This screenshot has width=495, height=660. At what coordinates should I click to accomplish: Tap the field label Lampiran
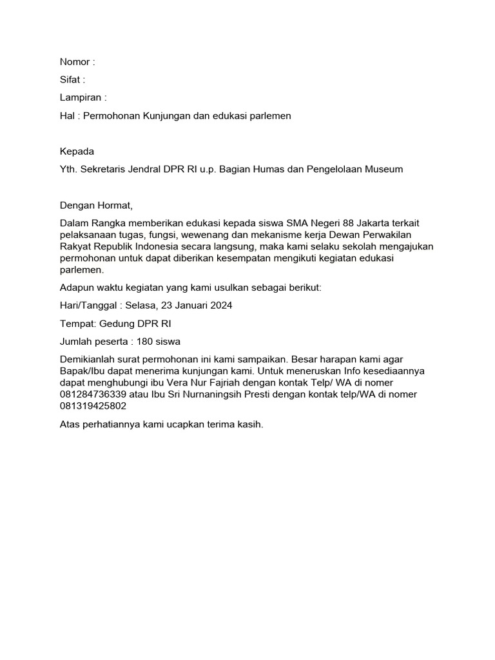coord(80,98)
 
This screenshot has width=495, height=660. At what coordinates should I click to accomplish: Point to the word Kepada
coord(77,151)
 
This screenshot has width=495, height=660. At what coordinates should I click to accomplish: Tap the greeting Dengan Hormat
coord(95,206)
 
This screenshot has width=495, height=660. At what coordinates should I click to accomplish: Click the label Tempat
coord(76,324)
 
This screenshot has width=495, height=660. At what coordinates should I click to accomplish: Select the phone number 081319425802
coord(93,406)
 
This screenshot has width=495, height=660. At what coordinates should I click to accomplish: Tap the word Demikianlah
coord(88,359)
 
